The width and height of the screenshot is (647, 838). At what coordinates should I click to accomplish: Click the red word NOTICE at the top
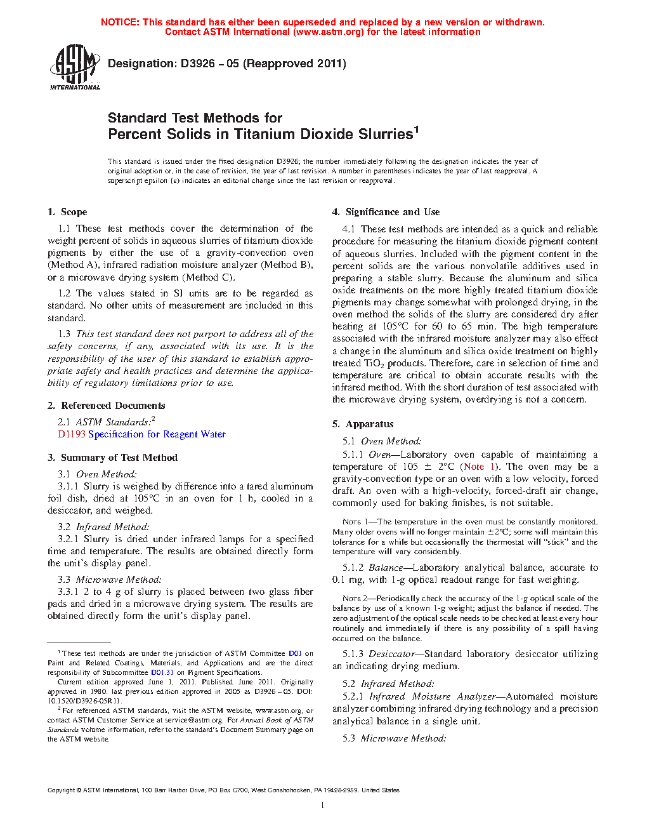click(120, 22)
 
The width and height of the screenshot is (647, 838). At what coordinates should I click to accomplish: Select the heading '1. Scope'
click(67, 212)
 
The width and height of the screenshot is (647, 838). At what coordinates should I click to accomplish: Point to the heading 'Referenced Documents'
click(113, 406)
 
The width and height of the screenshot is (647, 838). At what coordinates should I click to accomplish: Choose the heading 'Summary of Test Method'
click(119, 458)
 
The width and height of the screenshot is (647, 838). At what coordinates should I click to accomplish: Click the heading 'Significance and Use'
click(392, 212)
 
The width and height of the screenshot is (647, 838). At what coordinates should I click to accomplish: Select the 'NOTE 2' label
click(355, 599)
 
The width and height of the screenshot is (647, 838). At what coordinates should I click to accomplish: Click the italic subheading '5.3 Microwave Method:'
click(394, 738)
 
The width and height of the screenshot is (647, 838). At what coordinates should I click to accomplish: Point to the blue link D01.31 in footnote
click(162, 672)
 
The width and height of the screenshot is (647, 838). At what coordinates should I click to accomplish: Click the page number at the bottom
click(323, 806)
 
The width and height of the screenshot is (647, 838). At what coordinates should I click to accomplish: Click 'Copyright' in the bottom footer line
click(61, 790)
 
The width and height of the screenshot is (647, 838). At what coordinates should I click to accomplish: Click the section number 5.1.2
click(353, 568)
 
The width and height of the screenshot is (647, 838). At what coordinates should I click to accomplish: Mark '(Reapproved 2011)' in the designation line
click(295, 63)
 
